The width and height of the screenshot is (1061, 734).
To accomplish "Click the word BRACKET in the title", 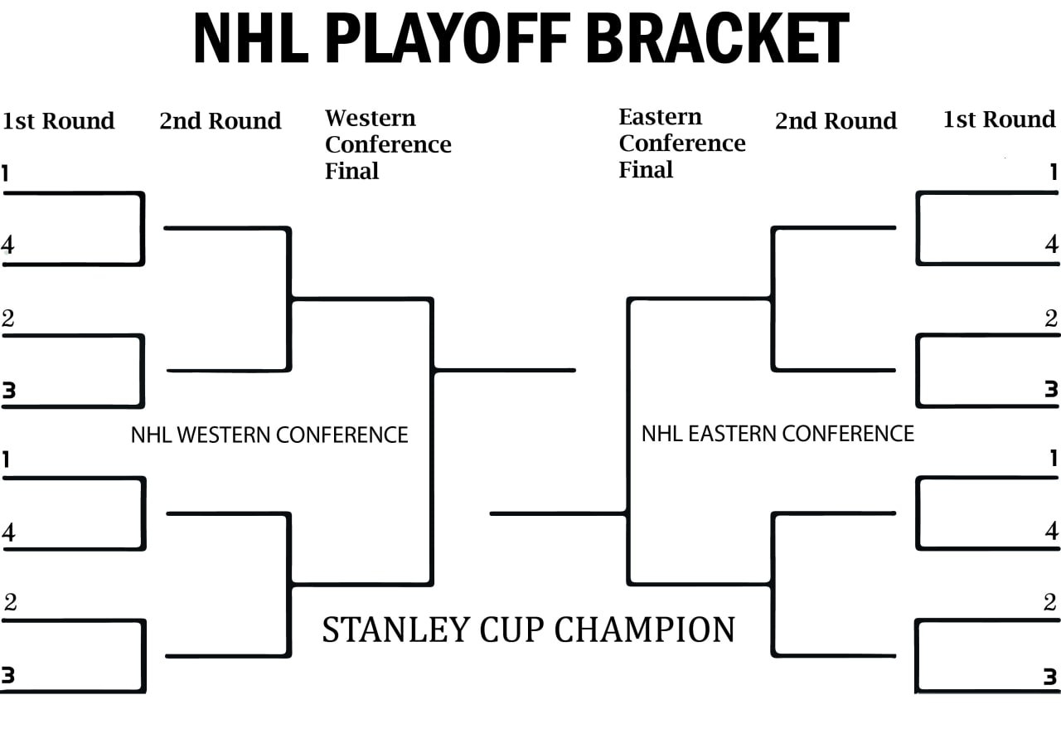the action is click(718, 37).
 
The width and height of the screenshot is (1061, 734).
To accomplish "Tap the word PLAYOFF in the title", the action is click(448, 37).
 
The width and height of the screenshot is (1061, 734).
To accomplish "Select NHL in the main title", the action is click(251, 37).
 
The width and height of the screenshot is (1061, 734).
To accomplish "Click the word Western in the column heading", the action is click(371, 118).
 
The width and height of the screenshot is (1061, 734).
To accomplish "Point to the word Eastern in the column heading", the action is click(661, 117).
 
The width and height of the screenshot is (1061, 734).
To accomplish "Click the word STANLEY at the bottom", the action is click(396, 629).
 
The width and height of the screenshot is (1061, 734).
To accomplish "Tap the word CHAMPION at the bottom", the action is click(645, 629).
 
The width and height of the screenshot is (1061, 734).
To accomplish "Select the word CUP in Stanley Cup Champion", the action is click(512, 629).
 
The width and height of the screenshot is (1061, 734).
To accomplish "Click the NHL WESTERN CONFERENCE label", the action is click(269, 435).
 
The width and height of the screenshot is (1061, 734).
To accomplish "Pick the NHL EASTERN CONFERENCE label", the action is click(778, 434).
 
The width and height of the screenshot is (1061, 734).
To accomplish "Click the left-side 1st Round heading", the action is click(58, 121).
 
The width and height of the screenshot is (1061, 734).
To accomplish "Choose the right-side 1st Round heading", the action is click(1000, 119).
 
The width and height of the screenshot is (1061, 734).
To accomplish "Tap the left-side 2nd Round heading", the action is click(220, 121).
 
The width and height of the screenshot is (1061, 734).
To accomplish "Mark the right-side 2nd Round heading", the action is click(836, 121).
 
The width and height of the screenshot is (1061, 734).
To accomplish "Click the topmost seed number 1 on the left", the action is click(5, 173).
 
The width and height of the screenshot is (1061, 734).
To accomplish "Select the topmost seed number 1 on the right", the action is click(1054, 172).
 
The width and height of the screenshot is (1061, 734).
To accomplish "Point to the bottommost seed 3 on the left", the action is click(8, 675).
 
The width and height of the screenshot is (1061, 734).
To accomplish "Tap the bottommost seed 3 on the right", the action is click(1050, 677).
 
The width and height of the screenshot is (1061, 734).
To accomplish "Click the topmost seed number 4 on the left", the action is click(7, 245).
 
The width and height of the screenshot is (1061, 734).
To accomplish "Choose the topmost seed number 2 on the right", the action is click(1051, 318).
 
